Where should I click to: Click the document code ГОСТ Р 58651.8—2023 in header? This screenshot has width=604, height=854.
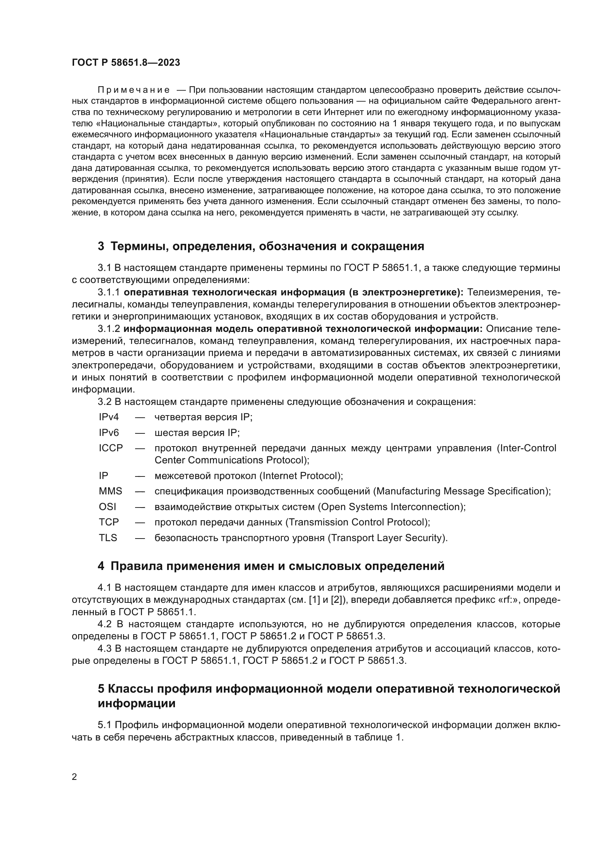(x=126, y=62)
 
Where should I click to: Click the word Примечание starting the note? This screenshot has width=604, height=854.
(x=134, y=90)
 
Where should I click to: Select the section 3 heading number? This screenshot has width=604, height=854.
(x=101, y=246)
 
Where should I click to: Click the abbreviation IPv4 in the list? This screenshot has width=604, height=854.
(x=108, y=417)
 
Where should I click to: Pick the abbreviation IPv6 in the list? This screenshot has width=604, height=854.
(x=108, y=433)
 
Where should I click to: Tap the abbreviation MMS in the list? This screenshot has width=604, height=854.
(x=110, y=491)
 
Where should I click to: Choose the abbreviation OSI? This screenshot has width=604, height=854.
(x=107, y=507)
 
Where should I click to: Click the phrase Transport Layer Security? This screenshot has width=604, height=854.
(x=386, y=538)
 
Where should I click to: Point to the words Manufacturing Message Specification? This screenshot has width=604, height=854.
(x=460, y=491)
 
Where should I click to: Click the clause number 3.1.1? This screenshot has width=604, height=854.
(x=109, y=292)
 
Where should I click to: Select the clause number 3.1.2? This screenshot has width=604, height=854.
(x=109, y=329)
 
